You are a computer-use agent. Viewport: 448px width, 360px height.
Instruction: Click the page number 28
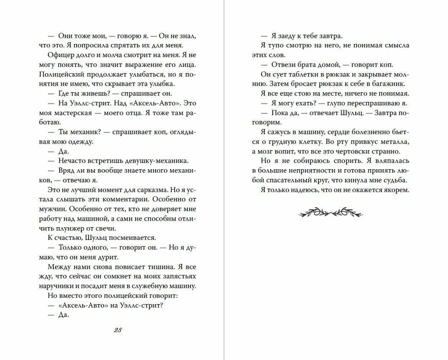[118, 331]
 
